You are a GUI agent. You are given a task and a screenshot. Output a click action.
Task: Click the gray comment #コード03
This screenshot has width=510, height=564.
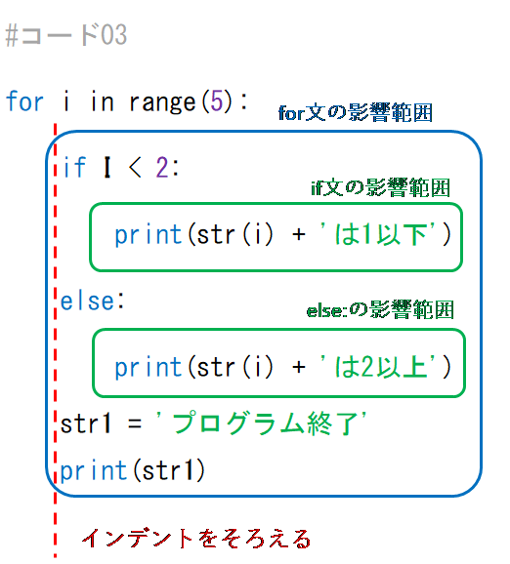coord(66,35)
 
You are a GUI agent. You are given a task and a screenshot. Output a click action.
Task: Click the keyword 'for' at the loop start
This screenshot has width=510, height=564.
coord(24,101)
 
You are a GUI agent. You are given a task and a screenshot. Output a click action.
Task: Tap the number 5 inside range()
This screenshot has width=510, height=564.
coord(217,101)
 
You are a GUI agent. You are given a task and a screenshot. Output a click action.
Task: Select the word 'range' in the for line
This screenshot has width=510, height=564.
coord(162,102)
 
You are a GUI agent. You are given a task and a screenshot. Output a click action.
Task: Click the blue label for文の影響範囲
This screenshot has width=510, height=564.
coord(356,112)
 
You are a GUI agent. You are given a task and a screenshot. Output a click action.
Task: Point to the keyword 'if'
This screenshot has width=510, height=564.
coord(75,167)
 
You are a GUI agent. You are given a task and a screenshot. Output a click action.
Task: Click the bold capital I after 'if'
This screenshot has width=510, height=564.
coord(106,167)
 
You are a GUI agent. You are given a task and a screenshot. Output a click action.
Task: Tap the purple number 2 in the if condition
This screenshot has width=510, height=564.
coord(162,167)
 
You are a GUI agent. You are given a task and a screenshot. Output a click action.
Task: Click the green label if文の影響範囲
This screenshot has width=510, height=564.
coord(381,187)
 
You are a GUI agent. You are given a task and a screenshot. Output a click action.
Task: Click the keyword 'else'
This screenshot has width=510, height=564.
coord(87,302)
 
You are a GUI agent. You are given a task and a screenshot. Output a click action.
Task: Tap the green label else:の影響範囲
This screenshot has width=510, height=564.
coord(380,309)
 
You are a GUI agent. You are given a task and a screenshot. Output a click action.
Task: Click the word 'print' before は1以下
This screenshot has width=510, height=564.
coord(149,235)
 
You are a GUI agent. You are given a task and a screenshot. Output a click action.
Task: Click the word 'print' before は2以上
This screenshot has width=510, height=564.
coord(149,368)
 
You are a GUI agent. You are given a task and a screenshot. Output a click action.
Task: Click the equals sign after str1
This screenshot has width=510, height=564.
coord(135,423)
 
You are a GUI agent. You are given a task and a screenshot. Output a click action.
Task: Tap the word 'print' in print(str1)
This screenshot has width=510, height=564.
coord(94,471)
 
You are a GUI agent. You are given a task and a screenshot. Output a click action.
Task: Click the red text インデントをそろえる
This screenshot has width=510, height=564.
coord(196,539)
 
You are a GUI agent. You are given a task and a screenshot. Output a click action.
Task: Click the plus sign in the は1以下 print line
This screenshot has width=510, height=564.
coord(299,234)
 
